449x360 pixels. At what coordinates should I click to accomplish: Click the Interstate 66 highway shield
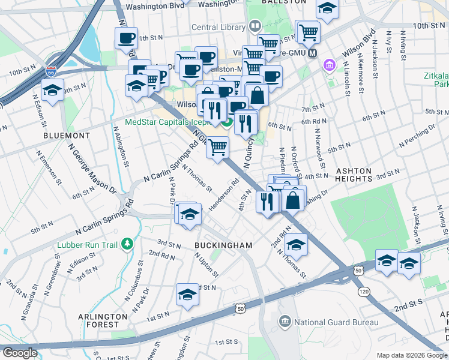[x=51, y=71]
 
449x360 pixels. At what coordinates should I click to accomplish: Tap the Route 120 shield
[x=364, y=291]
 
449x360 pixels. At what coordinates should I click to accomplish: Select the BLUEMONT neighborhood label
[x=67, y=136]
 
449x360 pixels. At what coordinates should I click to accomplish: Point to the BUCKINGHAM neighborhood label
[x=223, y=245]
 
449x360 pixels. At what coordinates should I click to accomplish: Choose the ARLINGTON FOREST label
[x=103, y=320]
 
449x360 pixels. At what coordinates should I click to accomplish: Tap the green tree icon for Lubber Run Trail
[x=127, y=244]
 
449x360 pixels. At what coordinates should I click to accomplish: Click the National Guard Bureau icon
[x=284, y=322]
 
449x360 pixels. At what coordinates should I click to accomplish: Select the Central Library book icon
[x=255, y=27]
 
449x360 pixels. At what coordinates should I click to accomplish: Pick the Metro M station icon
[x=312, y=53]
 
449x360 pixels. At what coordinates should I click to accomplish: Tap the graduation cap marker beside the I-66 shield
[x=53, y=91]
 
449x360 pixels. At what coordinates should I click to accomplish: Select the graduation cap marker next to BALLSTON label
[x=327, y=9]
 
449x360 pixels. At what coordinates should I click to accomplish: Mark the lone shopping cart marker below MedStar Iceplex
[x=217, y=146]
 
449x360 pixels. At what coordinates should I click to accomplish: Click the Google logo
[x=20, y=353]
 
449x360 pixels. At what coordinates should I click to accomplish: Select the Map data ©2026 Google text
[x=411, y=355]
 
